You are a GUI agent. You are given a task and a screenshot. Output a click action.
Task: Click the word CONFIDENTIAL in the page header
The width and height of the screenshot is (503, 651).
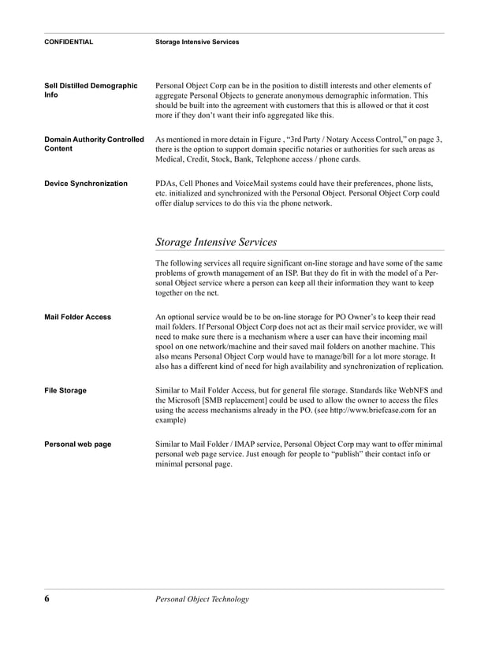point(69,42)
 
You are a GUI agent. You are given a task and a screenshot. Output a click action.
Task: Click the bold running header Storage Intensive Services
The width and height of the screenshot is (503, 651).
point(197,42)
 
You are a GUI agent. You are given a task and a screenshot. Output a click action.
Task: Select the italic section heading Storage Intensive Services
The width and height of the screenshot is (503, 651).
point(216,242)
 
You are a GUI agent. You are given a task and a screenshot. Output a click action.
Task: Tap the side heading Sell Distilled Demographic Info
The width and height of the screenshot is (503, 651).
point(91,91)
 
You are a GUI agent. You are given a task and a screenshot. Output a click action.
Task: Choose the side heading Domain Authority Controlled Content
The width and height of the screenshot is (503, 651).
point(94,144)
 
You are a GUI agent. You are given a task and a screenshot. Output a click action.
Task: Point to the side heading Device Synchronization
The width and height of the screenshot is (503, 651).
point(86,184)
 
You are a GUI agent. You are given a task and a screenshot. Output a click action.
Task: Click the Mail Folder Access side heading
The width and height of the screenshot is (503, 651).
point(77,318)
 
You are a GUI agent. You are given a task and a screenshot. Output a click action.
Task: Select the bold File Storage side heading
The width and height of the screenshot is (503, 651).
point(65,390)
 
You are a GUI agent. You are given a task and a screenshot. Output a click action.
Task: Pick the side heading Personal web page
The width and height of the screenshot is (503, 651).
point(77,445)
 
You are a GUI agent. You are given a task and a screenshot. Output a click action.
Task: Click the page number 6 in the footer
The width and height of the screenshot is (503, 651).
point(47,599)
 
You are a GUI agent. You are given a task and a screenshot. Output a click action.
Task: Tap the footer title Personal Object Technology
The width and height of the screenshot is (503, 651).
point(202,599)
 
